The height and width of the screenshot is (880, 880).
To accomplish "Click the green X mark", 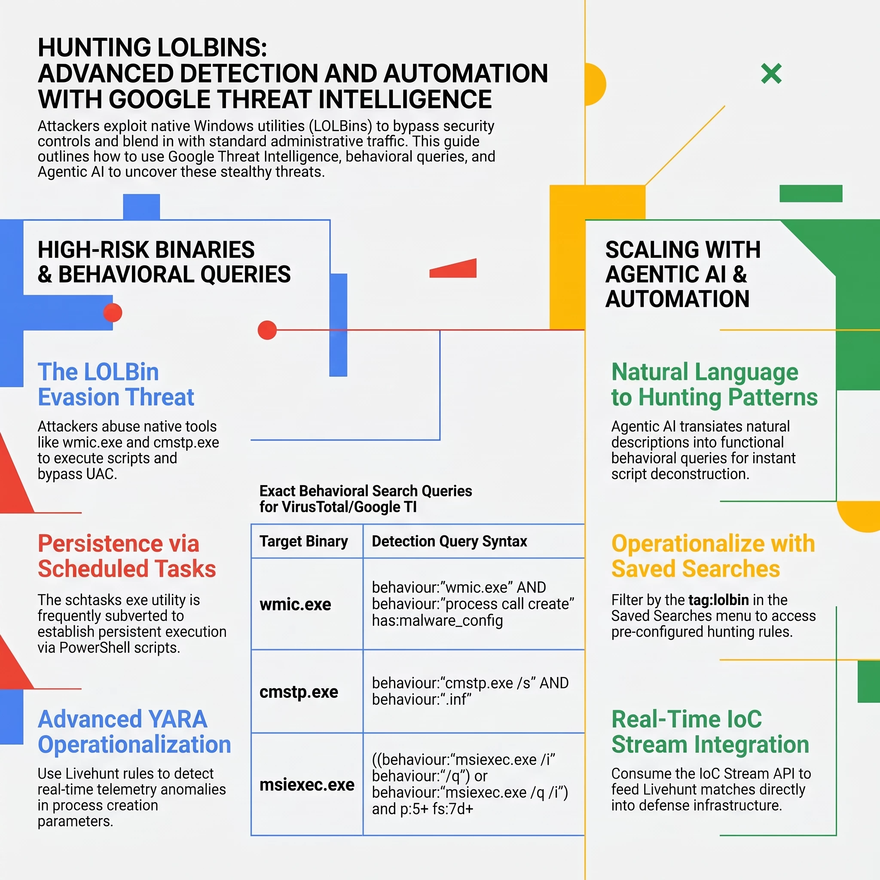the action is click(x=771, y=73).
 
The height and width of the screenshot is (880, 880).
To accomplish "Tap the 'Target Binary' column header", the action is click(x=303, y=541).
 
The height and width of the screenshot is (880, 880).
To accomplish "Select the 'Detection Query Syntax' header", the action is click(x=449, y=541).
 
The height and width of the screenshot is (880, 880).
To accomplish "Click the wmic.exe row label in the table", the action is click(x=295, y=604).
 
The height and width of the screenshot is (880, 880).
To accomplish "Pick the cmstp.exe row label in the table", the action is click(x=299, y=691).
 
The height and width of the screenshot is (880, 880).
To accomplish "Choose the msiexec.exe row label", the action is click(x=307, y=784).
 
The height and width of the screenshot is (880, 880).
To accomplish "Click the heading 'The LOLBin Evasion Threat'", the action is click(x=116, y=385).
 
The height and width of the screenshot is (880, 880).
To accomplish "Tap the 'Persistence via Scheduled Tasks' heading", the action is click(x=127, y=556).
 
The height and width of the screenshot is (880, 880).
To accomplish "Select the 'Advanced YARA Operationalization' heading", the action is click(x=134, y=732).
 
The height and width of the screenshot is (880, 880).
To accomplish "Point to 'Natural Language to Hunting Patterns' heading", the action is click(x=714, y=385).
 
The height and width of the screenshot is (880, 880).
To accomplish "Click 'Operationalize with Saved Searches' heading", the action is click(x=713, y=556).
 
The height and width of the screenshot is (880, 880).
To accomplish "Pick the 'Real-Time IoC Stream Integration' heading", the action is click(x=710, y=732).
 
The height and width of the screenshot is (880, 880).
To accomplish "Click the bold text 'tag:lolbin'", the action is click(x=718, y=600).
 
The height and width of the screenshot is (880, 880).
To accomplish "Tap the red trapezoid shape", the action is click(x=453, y=268).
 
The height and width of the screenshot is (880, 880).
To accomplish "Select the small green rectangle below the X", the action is click(x=811, y=194).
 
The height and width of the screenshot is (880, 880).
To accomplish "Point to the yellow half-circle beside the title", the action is click(x=595, y=84).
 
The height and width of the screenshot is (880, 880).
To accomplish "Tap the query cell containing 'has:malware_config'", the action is click(x=473, y=604).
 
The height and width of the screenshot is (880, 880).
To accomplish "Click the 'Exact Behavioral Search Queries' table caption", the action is click(x=366, y=499).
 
